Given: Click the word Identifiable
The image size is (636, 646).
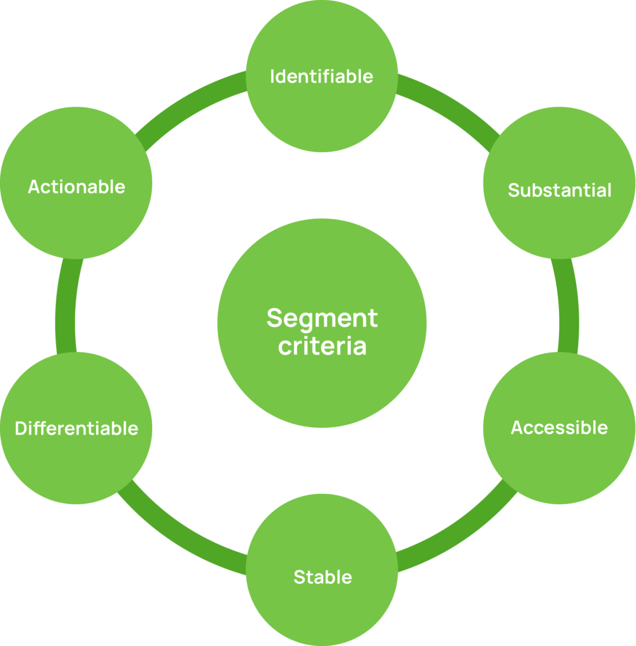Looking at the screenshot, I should [x=322, y=76].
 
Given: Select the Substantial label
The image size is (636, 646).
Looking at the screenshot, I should [x=560, y=190].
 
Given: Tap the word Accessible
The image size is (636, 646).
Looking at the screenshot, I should [x=559, y=428].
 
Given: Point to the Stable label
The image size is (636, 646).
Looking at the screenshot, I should [x=322, y=577].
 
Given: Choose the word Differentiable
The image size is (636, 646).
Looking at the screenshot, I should [x=76, y=428].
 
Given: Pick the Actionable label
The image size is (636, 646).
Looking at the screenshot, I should [x=76, y=187].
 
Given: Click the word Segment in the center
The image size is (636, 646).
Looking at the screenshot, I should [x=322, y=318].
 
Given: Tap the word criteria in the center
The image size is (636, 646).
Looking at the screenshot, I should [x=322, y=346].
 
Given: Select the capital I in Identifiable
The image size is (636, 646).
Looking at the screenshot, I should [x=273, y=76].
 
